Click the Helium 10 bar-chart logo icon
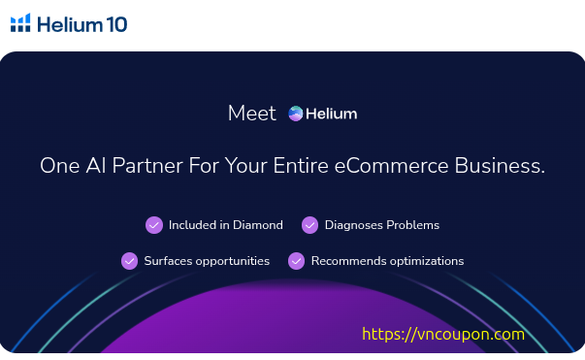pos(20,22)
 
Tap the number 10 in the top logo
pos(116,24)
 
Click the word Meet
pos(252,113)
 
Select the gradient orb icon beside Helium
pos(296,114)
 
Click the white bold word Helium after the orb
pos(331,114)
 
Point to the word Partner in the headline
pos(147,165)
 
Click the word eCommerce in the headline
pos(391,165)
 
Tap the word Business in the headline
pos(500,165)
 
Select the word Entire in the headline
pos(301,165)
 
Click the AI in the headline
pos(96,165)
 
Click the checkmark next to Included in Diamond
pos(154,225)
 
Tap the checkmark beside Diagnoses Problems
pos(309,225)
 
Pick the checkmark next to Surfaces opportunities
pos(129,261)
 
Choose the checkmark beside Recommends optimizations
pos(297,261)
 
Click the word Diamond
pos(258,225)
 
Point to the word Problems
pos(413,225)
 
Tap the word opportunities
pos(233,261)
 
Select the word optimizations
pos(427,261)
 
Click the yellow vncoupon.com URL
pos(443,334)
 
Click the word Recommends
pos(349,261)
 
